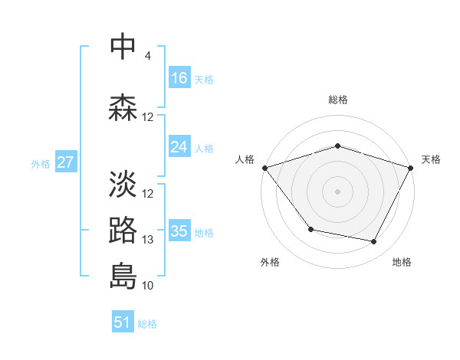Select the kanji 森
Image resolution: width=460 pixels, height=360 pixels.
123,108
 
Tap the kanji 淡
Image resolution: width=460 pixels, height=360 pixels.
123,184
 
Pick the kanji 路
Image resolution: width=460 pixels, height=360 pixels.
123,230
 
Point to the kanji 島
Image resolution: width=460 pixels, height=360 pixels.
123,276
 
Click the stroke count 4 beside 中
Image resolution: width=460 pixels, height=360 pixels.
147,56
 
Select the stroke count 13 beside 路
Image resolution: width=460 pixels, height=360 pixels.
148,240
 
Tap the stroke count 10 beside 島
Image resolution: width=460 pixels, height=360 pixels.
148,286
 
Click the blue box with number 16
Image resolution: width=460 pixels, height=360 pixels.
179,78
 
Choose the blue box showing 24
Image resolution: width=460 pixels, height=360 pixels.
179,147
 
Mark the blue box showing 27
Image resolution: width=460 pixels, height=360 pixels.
65,162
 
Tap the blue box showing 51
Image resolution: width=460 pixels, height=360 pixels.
123,322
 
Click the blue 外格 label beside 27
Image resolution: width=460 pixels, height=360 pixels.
40,163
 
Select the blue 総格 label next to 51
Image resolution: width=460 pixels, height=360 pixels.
147,324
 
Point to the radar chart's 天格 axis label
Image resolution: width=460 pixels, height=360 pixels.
431,159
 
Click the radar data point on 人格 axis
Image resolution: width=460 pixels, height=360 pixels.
264,168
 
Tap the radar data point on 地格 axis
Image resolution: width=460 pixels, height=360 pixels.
374,242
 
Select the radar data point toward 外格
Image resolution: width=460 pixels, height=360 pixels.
310,229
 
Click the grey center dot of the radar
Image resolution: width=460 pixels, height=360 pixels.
337,191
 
